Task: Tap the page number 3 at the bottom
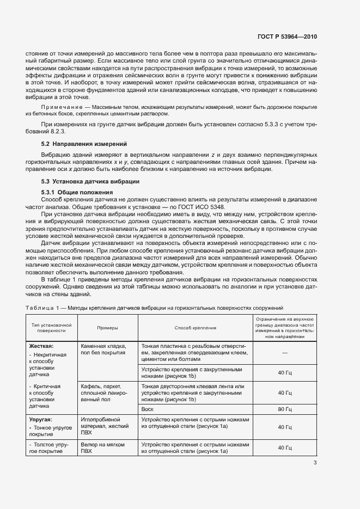(315, 463)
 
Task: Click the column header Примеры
(108, 328)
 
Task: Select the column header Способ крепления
(195, 328)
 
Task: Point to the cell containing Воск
(147, 408)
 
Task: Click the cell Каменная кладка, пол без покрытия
(103, 349)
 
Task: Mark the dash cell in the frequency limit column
(285, 352)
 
